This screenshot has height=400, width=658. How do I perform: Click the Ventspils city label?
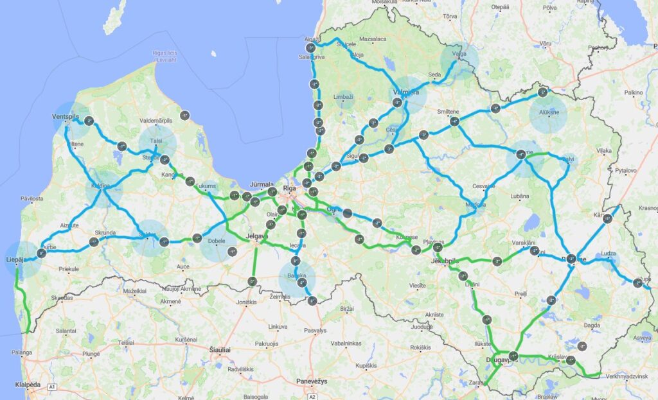coord(66,117)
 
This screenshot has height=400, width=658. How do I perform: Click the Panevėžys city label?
coord(312,381)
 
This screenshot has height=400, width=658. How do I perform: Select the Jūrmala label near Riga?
coord(262,183)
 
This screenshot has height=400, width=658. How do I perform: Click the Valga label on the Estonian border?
coord(459,55)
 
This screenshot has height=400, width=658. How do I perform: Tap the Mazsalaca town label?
coord(374,39)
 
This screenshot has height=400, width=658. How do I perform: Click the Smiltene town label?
coord(449,112)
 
